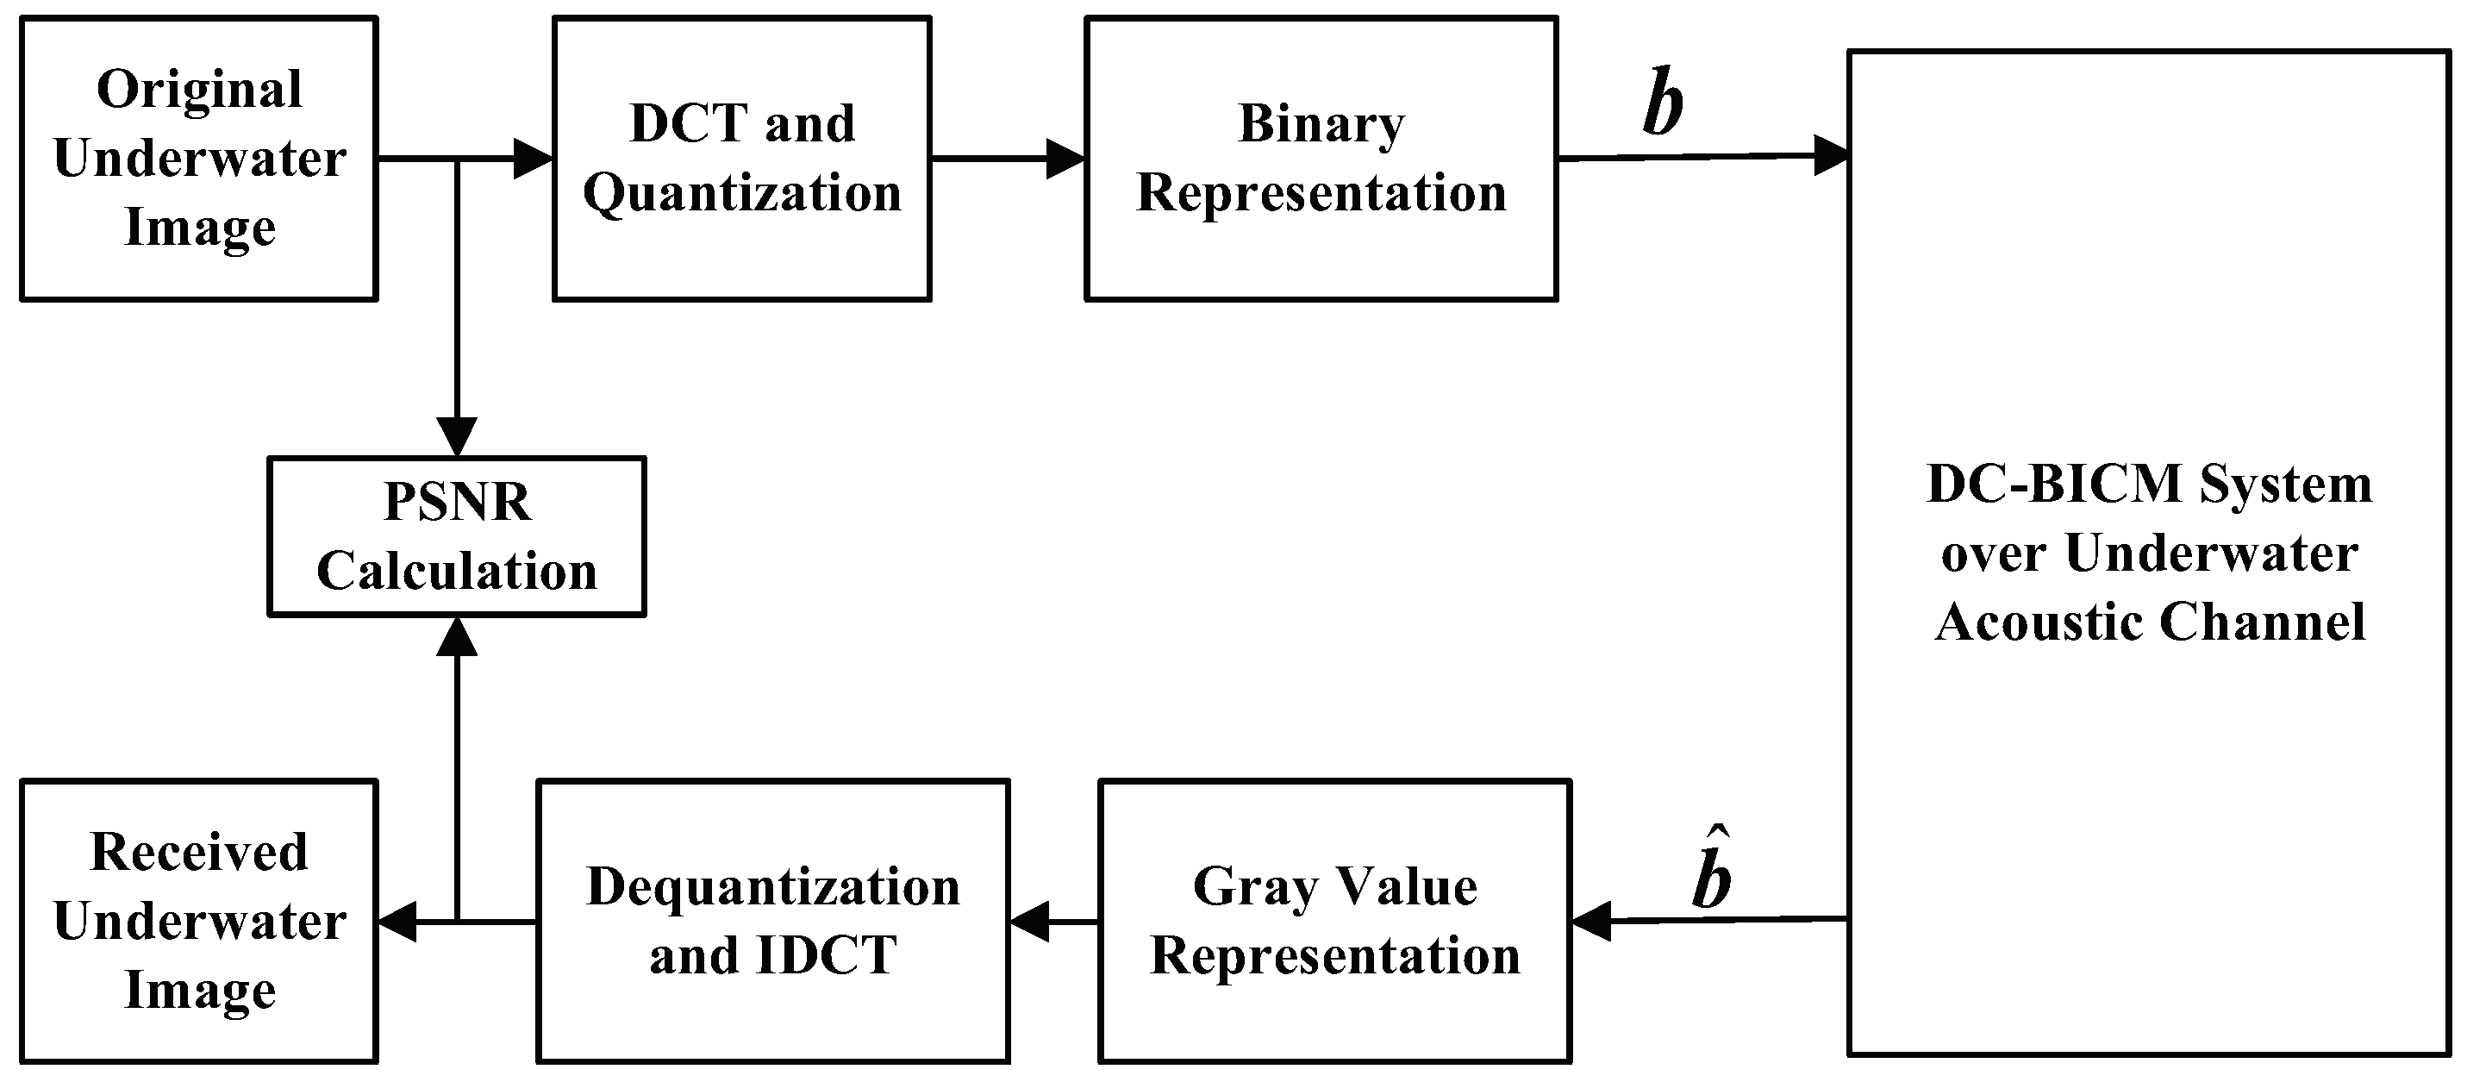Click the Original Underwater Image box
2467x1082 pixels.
click(x=199, y=159)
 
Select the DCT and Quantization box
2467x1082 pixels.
click(x=742, y=159)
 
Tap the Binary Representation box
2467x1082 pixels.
click(x=1321, y=159)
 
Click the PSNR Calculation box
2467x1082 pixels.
click(x=457, y=536)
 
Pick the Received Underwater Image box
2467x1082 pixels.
click(x=199, y=921)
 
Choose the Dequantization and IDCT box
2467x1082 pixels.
click(x=773, y=921)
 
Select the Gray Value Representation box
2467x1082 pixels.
click(x=1335, y=921)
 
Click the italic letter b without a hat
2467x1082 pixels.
click(x=1663, y=103)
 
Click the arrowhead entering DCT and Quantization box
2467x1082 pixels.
click(x=534, y=159)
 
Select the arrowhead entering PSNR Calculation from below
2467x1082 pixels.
click(x=457, y=635)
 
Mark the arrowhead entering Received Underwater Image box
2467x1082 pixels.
click(x=397, y=923)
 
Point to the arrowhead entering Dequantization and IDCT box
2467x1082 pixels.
click(x=1029, y=923)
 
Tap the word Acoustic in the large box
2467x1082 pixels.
click(x=2039, y=622)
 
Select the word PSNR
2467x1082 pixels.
click(x=457, y=502)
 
